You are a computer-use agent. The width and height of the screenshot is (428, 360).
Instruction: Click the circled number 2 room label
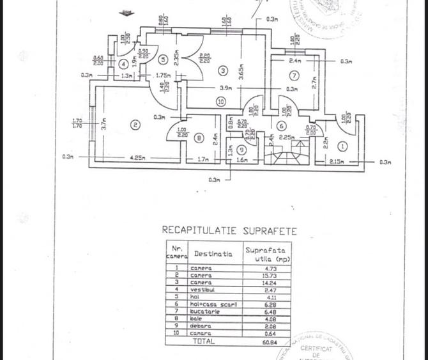point(135,125)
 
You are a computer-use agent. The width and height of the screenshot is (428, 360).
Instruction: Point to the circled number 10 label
point(220,101)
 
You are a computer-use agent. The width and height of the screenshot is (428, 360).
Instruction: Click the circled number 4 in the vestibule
point(123,63)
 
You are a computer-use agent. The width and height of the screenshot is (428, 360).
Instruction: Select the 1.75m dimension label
point(162,75)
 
